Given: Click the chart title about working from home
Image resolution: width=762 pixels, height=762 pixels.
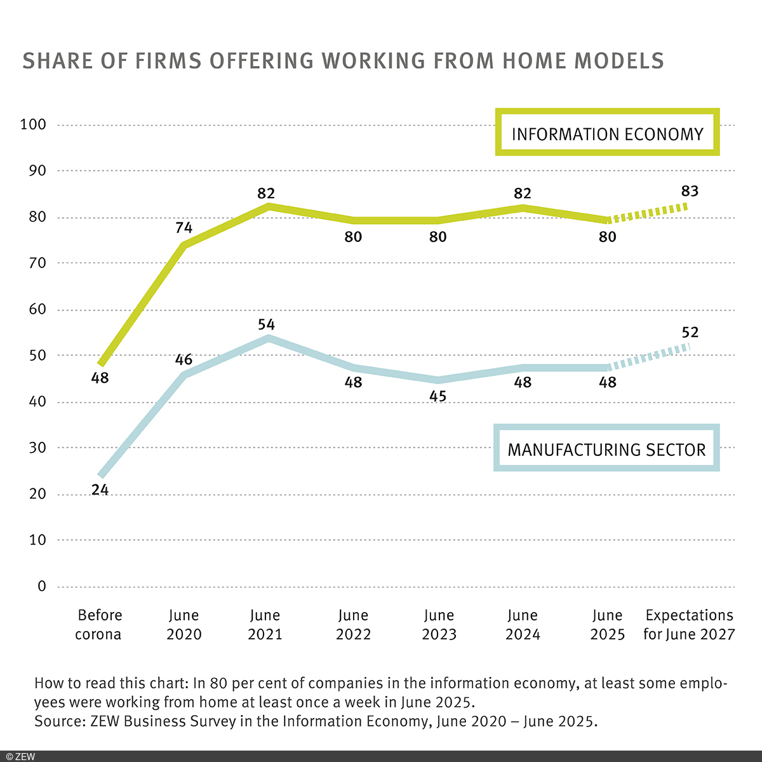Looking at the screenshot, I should pyautogui.click(x=343, y=61).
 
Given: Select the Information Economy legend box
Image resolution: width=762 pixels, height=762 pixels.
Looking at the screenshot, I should pyautogui.click(x=607, y=133).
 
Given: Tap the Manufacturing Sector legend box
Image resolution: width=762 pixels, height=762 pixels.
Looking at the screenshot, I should pyautogui.click(x=606, y=449).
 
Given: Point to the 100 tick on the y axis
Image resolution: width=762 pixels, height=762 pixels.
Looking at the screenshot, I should pyautogui.click(x=33, y=124).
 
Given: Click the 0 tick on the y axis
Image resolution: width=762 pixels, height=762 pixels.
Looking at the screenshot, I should pyautogui.click(x=42, y=586).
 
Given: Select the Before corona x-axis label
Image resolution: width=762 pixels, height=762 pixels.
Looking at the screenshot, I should pyautogui.click(x=99, y=625).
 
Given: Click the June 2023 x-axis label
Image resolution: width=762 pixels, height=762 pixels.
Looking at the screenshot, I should pyautogui.click(x=439, y=625).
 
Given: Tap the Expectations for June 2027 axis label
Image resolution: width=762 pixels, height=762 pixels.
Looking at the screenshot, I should pyautogui.click(x=689, y=625).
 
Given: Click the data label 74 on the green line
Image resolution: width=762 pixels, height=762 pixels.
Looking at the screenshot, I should pyautogui.click(x=184, y=227).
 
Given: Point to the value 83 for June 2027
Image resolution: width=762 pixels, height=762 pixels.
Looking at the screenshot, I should pyautogui.click(x=690, y=191).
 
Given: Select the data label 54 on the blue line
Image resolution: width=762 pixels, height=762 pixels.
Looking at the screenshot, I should pyautogui.click(x=265, y=324).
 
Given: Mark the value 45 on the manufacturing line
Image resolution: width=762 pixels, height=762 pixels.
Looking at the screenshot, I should pyautogui.click(x=438, y=396).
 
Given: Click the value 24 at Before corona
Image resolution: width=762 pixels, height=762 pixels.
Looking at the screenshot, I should pyautogui.click(x=100, y=490).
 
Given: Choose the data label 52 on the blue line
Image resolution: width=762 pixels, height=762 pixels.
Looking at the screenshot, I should pyautogui.click(x=690, y=332).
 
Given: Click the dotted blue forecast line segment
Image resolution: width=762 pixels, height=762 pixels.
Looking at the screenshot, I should pyautogui.click(x=648, y=357).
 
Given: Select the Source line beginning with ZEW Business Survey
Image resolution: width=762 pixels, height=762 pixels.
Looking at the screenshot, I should pyautogui.click(x=316, y=721).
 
